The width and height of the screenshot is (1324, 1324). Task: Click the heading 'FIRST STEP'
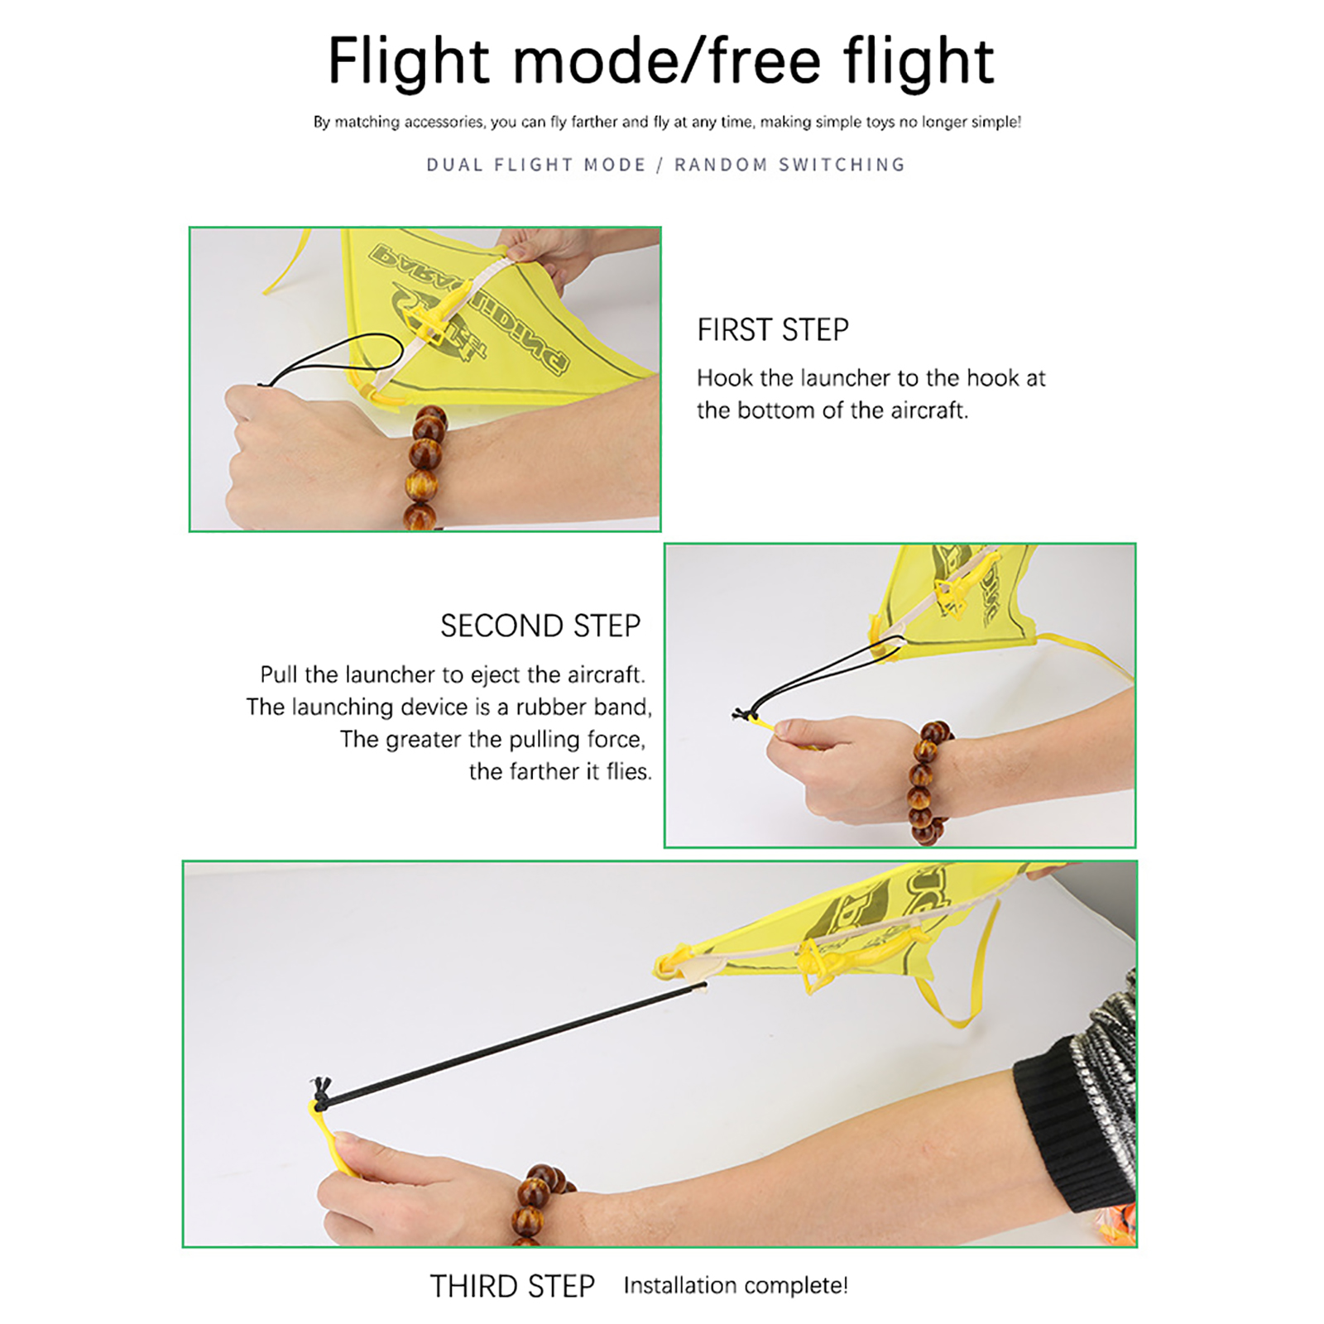pos(773,329)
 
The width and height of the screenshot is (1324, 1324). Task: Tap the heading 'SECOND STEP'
pos(540,626)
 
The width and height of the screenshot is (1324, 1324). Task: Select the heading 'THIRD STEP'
pos(512,1286)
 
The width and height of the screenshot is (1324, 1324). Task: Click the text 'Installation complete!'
pos(736,1285)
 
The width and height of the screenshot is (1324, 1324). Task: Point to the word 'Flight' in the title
pos(409,61)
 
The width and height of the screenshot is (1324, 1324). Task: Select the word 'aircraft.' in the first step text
pos(928,410)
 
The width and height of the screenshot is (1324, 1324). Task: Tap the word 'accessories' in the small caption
pos(443,122)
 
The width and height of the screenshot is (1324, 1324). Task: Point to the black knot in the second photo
pos(742,713)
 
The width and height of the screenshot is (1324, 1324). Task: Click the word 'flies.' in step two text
pos(629,771)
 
